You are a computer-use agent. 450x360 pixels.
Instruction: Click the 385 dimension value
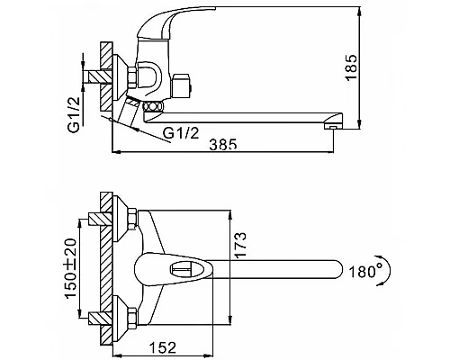(223, 144)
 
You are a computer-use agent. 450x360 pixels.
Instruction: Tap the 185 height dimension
(351, 67)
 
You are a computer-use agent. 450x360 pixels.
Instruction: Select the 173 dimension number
(240, 245)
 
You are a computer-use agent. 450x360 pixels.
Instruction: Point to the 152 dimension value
(163, 347)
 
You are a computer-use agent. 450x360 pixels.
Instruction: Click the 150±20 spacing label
(71, 269)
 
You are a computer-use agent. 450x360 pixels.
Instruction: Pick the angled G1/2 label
(182, 132)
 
